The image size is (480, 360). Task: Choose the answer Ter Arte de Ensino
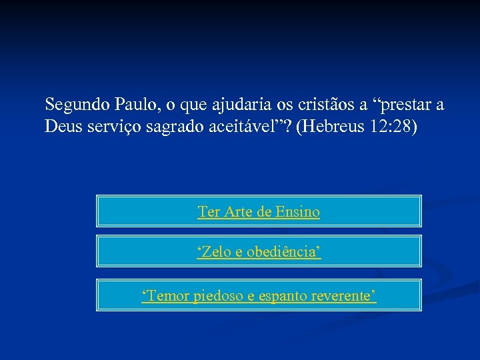tap(259, 212)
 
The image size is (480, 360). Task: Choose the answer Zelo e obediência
tap(259, 252)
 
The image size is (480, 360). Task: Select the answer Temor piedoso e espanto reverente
tap(259, 295)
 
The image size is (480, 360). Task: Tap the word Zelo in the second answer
tap(214, 252)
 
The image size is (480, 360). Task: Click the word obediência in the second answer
tap(283, 252)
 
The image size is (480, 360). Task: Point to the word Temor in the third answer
tap(167, 295)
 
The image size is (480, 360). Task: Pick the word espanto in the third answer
tap(279, 295)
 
